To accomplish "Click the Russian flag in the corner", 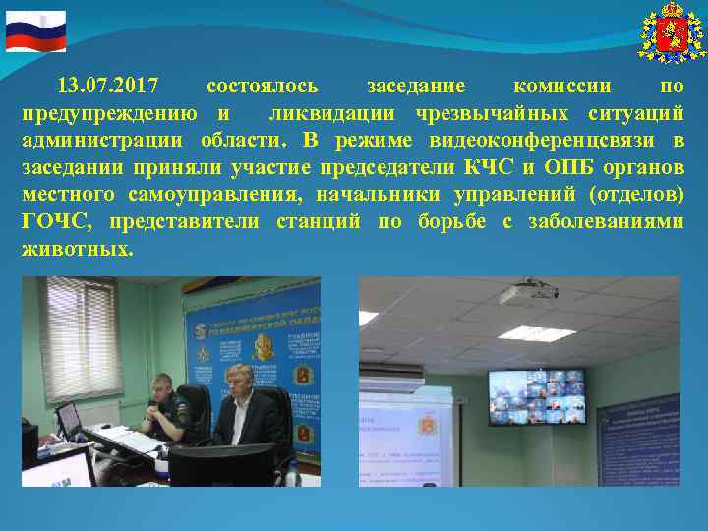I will click(35, 31).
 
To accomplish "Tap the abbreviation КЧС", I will click(488, 167).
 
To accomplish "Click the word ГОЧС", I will click(59, 222).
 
